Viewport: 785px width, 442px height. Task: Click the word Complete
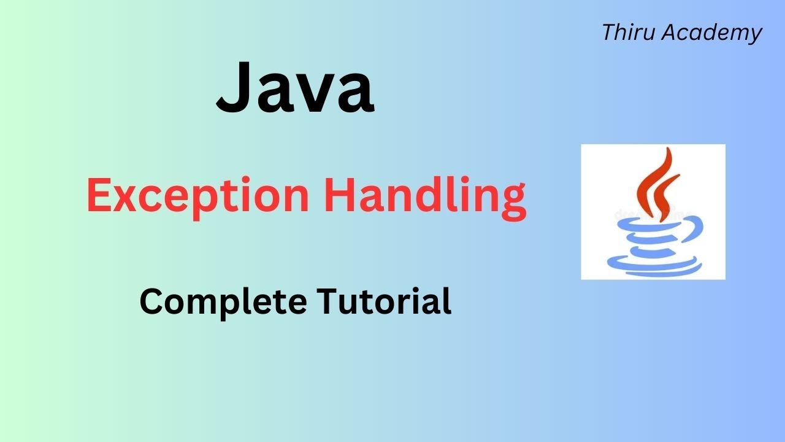(223, 302)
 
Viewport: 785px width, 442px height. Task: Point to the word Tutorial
(385, 302)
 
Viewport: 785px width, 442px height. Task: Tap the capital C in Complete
(151, 301)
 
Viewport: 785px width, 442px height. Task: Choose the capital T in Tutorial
(327, 301)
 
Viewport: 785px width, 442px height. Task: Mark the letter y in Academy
(754, 36)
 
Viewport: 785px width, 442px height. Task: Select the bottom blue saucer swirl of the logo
(654, 266)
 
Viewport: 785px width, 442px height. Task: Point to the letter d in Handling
(432, 195)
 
